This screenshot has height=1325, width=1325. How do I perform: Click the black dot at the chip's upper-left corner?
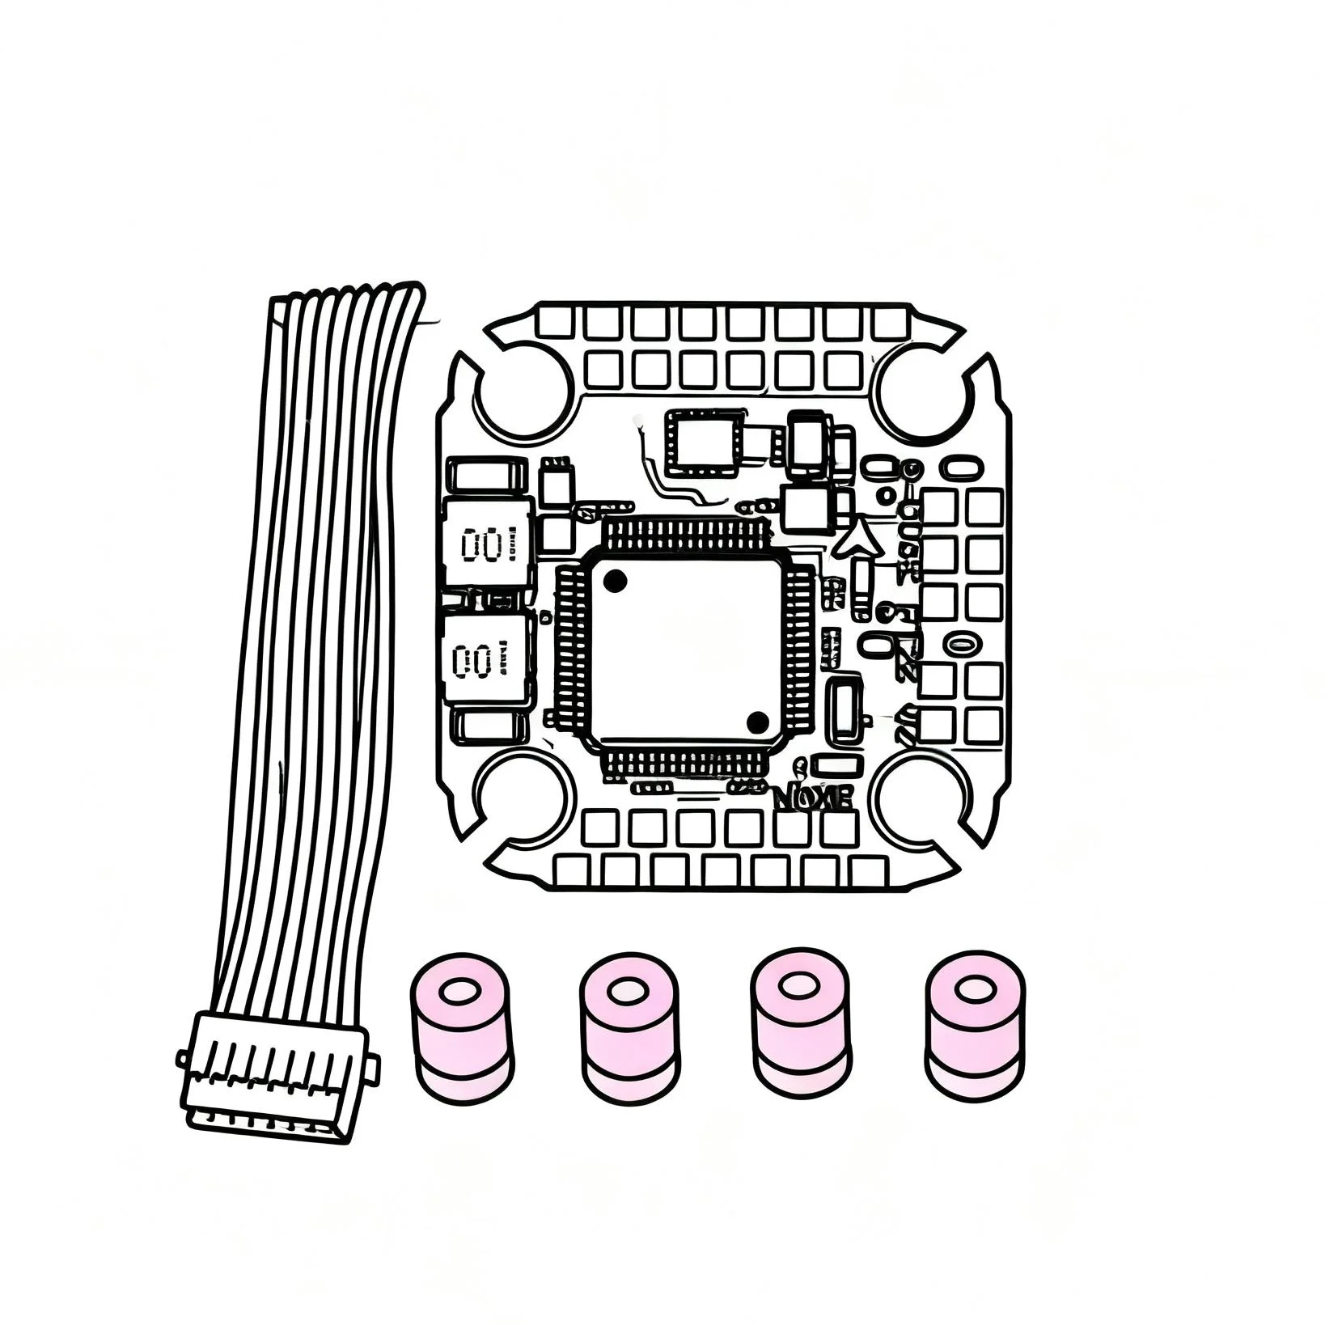pyautogui.click(x=615, y=579)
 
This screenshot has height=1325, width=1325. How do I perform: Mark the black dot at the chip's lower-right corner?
pyautogui.click(x=757, y=721)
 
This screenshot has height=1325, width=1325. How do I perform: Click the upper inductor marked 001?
pyautogui.click(x=489, y=544)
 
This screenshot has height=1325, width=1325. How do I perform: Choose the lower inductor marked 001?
pyautogui.click(x=488, y=660)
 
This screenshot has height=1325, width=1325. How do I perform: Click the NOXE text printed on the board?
pyautogui.click(x=813, y=798)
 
